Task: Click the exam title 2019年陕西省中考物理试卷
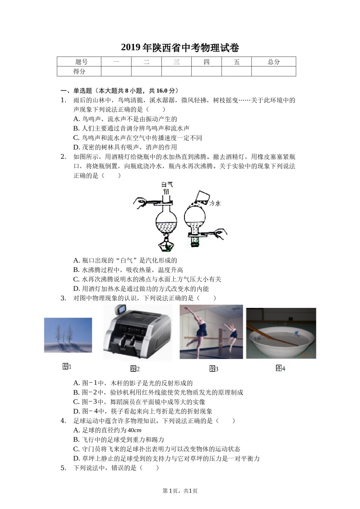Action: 180,48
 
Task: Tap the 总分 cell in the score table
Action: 273,62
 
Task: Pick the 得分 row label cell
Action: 79,71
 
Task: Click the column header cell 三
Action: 176,62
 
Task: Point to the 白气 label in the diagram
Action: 167,184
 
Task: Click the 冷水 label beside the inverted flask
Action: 215,203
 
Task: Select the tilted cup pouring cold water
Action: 202,197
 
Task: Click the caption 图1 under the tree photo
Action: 67,366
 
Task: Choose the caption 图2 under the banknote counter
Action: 135,368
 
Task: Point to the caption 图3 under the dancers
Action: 213,368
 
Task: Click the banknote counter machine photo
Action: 138,332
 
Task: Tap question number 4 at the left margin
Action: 63,421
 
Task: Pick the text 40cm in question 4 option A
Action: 135,430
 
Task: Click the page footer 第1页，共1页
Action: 180,491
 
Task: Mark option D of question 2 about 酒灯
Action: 141,289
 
